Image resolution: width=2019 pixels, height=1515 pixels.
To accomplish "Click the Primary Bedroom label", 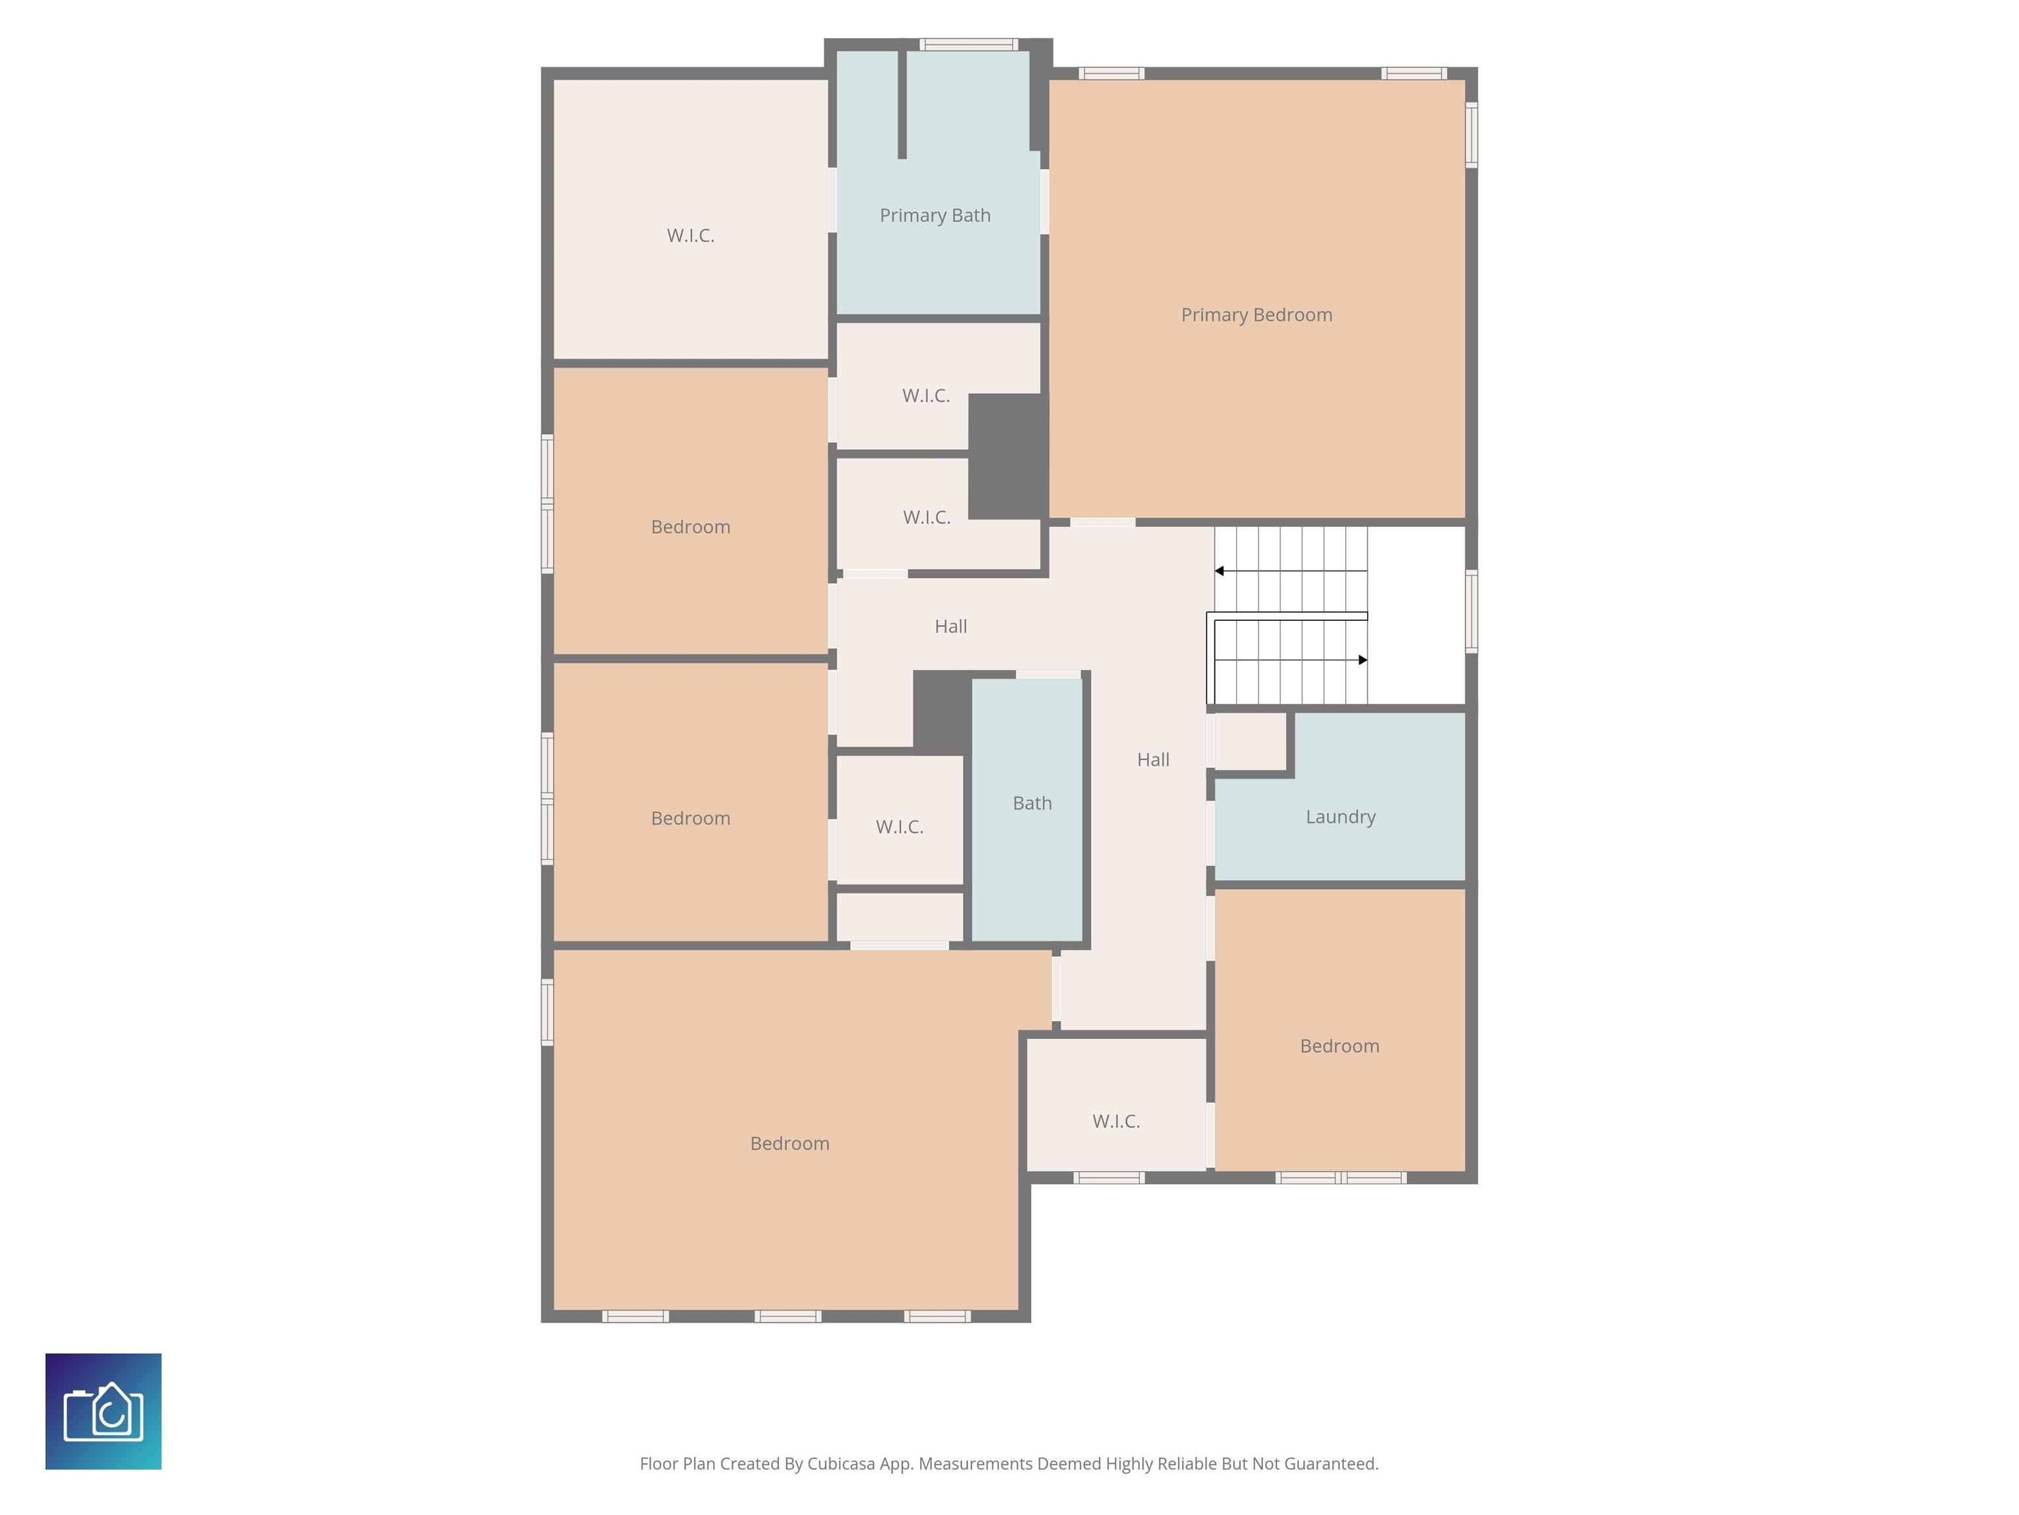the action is [x=1256, y=315].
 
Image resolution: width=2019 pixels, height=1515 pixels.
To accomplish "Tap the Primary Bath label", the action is [x=935, y=216].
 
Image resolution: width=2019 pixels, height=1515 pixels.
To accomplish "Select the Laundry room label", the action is [x=1340, y=817].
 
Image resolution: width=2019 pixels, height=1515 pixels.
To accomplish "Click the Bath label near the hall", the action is [x=1033, y=803].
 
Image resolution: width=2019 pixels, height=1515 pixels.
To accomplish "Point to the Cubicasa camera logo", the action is [x=103, y=1411].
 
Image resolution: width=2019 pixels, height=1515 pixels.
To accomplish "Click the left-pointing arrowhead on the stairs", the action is [x=1219, y=571].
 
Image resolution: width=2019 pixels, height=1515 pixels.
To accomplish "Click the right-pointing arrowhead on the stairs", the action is [x=1362, y=660].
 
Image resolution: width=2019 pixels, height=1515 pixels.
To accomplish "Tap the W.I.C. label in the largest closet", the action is [x=690, y=235].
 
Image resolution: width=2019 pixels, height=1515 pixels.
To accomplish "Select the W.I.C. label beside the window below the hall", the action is [x=1115, y=1121].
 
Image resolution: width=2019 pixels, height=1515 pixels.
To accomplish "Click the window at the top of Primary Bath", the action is [x=969, y=44].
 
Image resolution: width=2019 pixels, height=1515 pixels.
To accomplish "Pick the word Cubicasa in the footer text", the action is [x=841, y=1464].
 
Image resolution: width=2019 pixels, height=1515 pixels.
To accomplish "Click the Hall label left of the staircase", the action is [x=950, y=627].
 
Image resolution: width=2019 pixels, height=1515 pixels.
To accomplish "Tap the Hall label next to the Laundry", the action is [x=1153, y=759].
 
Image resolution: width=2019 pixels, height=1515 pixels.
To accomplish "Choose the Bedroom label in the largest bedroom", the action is [x=789, y=1143].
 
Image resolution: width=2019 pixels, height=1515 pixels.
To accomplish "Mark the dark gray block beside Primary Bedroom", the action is [x=1007, y=456].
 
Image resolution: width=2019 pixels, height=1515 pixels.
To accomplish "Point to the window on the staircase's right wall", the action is [x=1472, y=611].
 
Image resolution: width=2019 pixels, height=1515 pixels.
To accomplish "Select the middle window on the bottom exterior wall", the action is [x=788, y=1316].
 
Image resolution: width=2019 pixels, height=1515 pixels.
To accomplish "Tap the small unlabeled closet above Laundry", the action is [x=1249, y=740].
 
